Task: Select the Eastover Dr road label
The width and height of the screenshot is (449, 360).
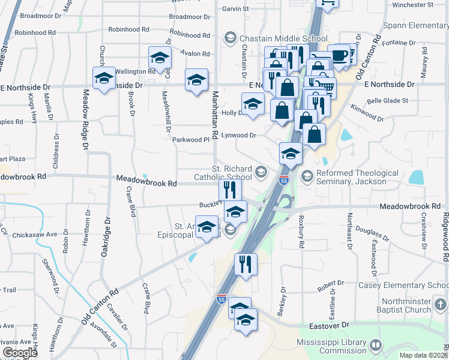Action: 330,324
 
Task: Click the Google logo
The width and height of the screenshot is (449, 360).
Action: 20,353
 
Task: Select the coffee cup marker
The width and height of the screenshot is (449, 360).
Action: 339,55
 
